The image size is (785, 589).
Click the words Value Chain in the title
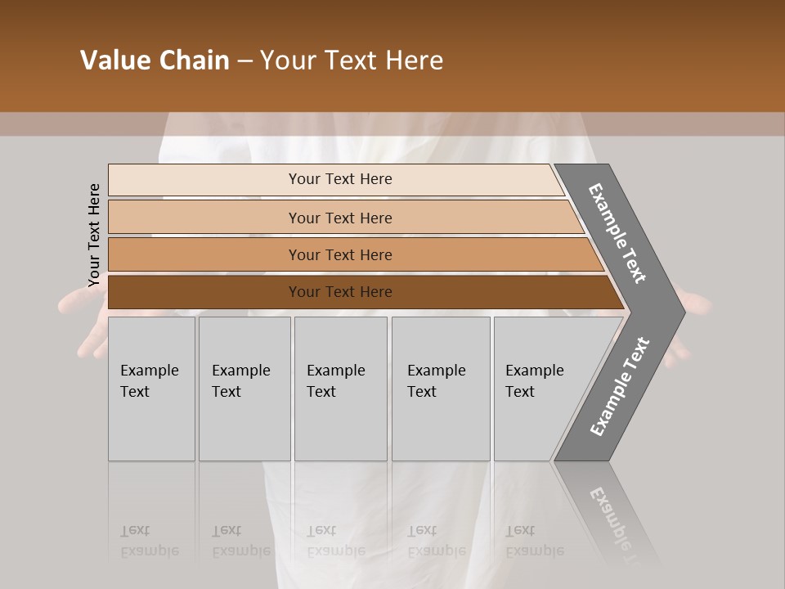click(155, 61)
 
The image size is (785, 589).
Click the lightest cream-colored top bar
click(204, 180)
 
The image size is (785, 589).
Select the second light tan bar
click(204, 218)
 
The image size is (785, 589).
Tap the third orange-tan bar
click(204, 255)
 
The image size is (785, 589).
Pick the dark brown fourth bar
click(204, 292)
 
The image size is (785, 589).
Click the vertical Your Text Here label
click(94, 235)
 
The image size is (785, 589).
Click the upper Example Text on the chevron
click(618, 233)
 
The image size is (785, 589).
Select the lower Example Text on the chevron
click(620, 386)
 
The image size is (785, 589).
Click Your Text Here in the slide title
click(352, 61)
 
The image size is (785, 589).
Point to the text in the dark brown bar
click(340, 292)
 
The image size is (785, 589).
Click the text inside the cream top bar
click(340, 179)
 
